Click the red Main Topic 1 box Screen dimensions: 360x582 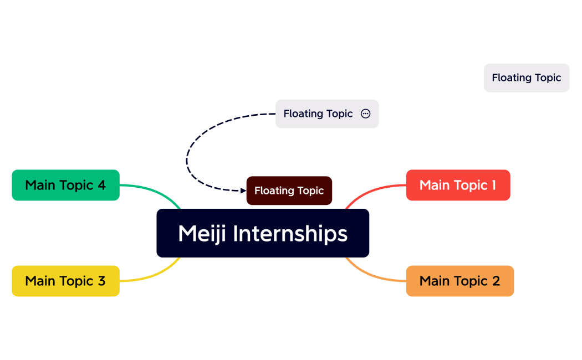point(458,185)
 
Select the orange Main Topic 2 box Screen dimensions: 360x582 point(460,281)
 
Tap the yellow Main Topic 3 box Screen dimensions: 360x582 point(65,281)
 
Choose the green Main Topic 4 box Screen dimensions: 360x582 point(65,185)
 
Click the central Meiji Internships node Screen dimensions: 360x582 point(263,233)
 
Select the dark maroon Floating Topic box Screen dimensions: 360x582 point(289,191)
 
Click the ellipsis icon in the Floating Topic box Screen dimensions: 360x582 point(365,114)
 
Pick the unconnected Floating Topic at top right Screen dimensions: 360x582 point(526,78)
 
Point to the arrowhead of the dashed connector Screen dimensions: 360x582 point(243,191)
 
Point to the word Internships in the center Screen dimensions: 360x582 point(290,233)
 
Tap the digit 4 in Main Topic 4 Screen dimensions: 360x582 point(101,185)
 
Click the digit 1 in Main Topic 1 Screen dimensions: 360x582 point(493,185)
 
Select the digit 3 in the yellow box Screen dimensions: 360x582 point(101,281)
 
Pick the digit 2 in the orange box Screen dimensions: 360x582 point(496,281)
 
